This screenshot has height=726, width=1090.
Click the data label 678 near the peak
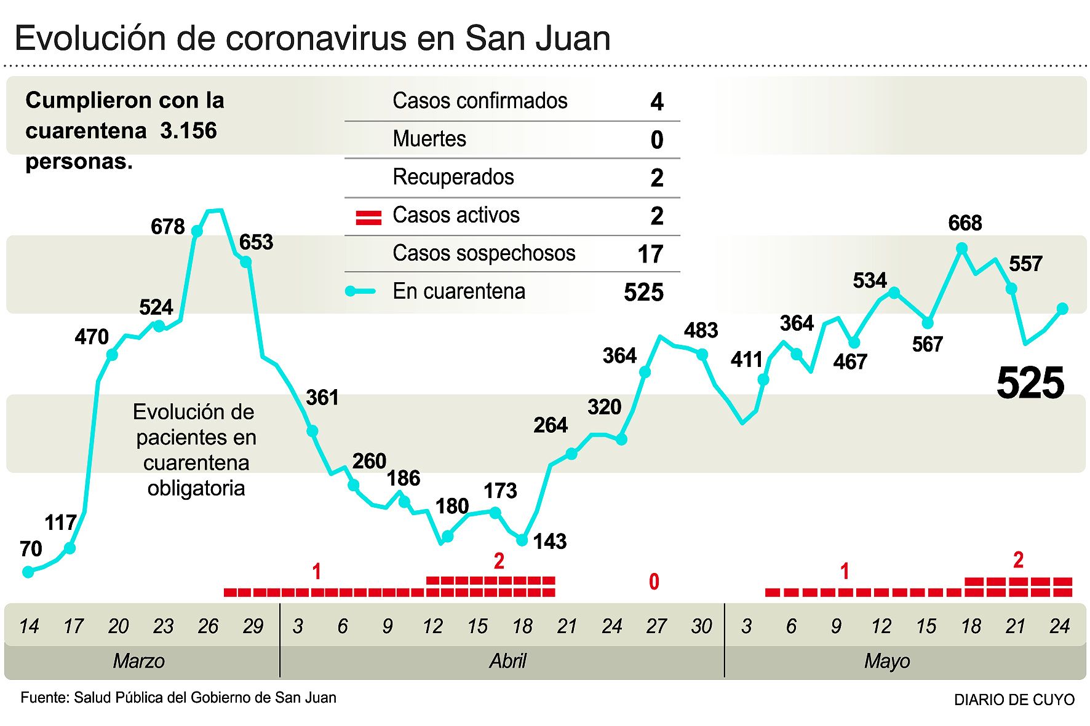click(167, 227)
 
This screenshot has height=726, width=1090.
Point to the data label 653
click(256, 242)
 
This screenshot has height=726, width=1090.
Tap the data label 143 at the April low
click(549, 542)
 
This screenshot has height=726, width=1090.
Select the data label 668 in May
click(965, 223)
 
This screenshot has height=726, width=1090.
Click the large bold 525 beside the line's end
click(1030, 383)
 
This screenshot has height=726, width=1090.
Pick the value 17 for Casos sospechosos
click(650, 254)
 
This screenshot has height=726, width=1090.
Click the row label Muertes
click(429, 139)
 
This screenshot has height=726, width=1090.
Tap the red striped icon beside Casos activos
click(368, 218)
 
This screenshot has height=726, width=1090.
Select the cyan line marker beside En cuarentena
click(360, 291)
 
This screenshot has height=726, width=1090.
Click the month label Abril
click(507, 661)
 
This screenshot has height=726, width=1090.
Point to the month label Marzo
click(139, 661)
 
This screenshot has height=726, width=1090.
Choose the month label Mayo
click(886, 661)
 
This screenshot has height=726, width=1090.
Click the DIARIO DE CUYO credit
click(1014, 700)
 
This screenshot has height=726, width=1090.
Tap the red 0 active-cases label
click(654, 582)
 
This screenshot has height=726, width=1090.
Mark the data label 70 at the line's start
click(31, 549)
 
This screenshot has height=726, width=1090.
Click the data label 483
click(701, 331)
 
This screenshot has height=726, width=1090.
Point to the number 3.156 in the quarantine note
click(188, 131)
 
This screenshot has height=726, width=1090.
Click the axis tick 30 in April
click(701, 626)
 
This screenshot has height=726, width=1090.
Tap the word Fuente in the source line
click(44, 698)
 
